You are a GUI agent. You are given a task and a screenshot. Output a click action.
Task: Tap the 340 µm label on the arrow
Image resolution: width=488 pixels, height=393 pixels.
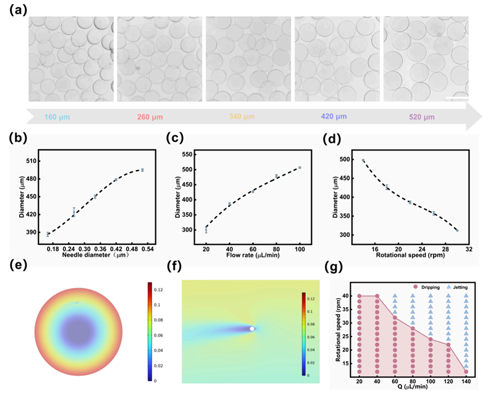pyautogui.click(x=235, y=117)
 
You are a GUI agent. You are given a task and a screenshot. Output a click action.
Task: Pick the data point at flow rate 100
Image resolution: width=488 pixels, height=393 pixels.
pyautogui.click(x=300, y=168)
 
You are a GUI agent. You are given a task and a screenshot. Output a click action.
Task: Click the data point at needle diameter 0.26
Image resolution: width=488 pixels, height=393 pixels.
pyautogui.click(x=74, y=213)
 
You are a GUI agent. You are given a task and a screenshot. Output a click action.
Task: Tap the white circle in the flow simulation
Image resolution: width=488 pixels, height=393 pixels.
pyautogui.click(x=252, y=329)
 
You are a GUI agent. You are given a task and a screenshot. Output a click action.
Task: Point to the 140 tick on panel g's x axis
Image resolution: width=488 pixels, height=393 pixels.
pyautogui.click(x=466, y=381)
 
